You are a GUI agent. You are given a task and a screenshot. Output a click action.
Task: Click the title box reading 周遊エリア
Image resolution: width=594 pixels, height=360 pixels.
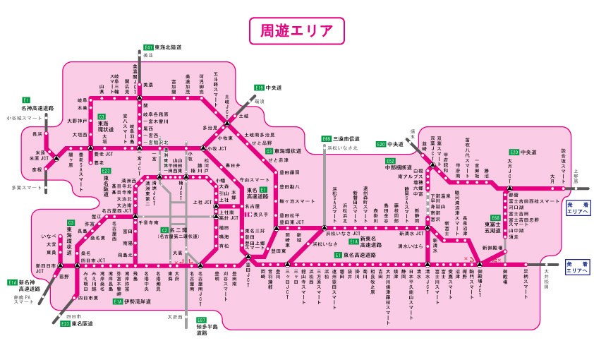tap(296, 32)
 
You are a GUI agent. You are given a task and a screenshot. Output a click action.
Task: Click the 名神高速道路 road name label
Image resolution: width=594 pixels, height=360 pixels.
tap(37, 108)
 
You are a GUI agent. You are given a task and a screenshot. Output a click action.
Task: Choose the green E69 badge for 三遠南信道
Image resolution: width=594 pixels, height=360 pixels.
tap(326, 139)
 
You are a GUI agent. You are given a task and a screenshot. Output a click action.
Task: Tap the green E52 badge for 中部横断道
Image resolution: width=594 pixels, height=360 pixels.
tap(390, 161)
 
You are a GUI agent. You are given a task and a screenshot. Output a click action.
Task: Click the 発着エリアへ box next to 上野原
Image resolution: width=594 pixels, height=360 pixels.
tap(577, 209)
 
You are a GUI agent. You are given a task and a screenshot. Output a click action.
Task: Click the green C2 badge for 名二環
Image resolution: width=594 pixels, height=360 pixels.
tap(164, 230)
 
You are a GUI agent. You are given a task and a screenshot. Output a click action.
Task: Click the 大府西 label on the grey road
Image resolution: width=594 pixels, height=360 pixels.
tap(175, 317)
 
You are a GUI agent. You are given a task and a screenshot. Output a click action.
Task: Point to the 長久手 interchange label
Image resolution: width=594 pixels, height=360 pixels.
tap(261, 214)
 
